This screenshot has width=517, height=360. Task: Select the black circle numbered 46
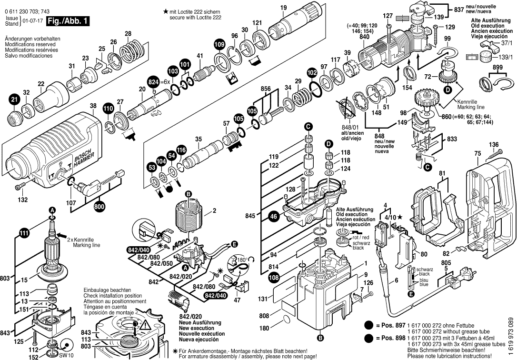pyautogui.click(x=274, y=216)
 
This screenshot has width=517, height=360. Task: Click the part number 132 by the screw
pyautogui.click(x=22, y=200)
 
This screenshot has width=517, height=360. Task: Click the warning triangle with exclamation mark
pyautogui.click(x=144, y=326)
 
